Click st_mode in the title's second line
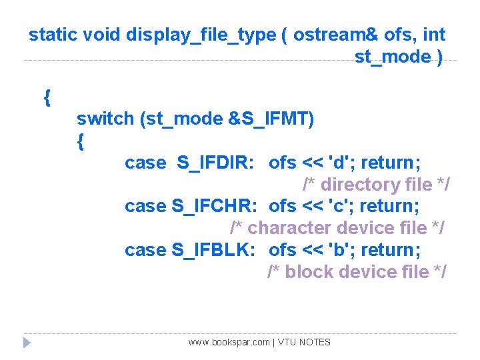(x=393, y=57)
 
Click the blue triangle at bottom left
(x=27, y=343)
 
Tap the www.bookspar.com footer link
(x=229, y=342)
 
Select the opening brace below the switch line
(x=81, y=141)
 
